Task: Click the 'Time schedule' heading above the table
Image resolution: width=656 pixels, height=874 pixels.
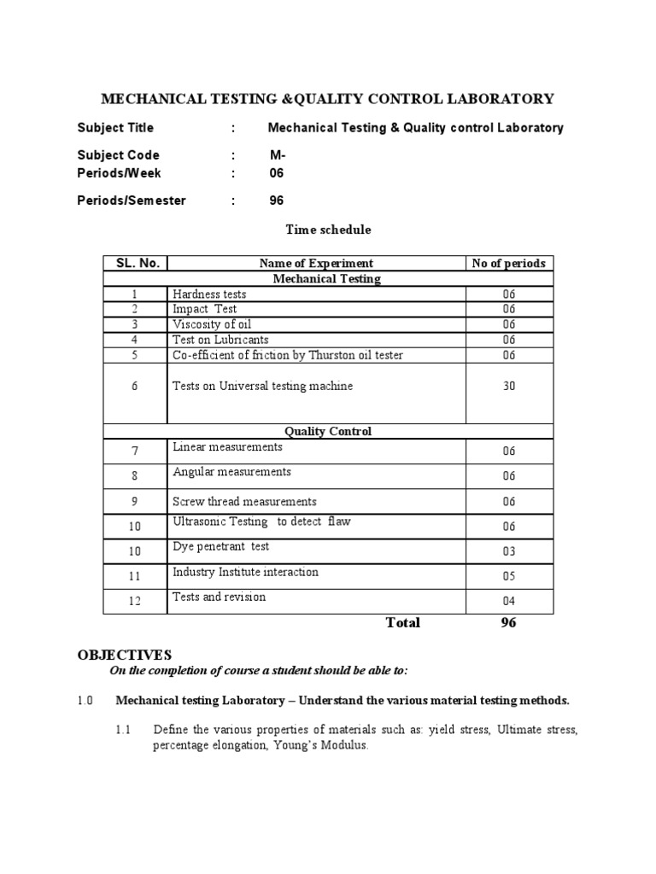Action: pos(328,230)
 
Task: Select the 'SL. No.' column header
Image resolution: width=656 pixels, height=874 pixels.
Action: pos(135,263)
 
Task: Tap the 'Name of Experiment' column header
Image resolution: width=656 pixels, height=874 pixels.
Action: pos(316,263)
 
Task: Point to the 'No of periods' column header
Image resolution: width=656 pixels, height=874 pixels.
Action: pos(508,263)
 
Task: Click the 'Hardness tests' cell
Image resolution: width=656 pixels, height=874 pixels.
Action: pos(209,294)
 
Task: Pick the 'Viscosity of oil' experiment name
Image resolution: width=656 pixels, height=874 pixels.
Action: pos(212,324)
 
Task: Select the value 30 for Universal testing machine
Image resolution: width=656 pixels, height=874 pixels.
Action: pos(509,386)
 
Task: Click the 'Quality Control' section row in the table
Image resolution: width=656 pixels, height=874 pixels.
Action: pos(328,431)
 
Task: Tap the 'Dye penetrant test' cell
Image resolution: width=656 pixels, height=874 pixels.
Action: pos(220,546)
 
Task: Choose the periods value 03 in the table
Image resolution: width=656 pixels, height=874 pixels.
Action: pos(509,551)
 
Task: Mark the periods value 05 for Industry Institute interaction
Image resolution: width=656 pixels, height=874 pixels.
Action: pos(509,576)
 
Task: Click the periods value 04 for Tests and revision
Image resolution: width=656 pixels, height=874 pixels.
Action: pos(509,602)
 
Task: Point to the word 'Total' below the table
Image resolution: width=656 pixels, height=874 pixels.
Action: pos(403,622)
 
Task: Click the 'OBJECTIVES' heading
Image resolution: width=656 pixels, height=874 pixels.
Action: pos(125,655)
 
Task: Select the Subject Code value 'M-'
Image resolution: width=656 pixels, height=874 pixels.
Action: pos(277,155)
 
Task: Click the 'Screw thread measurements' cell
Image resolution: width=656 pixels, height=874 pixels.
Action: pos(244,501)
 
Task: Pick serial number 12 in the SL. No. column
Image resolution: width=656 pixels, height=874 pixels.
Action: pos(135,602)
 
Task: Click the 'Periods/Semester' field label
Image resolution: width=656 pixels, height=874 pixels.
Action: pos(132,201)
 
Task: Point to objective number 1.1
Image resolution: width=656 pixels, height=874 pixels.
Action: pos(123,730)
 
